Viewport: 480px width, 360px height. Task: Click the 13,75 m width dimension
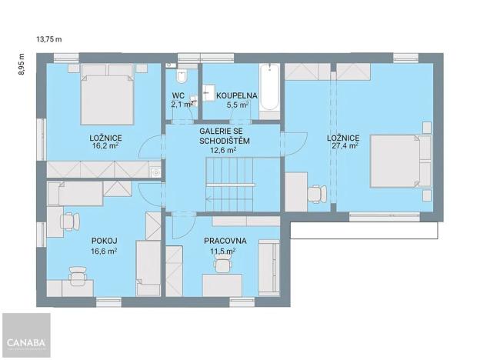48,37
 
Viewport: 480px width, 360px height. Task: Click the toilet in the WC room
181,75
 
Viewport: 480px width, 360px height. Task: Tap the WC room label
178,95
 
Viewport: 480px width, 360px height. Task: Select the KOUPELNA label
236,95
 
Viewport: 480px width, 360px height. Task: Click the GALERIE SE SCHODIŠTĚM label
224,136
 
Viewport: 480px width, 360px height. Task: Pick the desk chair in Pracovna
222,265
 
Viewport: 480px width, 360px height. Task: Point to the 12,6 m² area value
223,151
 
